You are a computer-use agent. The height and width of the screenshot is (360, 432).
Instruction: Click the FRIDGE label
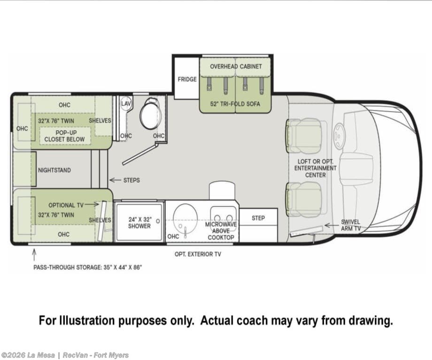[187, 79]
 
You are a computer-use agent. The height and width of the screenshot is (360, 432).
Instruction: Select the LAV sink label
[126, 104]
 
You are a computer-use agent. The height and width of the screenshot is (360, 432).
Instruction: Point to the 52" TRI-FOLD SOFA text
[235, 104]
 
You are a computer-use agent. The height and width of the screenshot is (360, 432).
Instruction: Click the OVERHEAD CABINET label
[236, 66]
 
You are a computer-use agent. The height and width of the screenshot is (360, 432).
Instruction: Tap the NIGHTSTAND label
[54, 170]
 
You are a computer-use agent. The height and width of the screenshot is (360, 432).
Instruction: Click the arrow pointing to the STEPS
[115, 180]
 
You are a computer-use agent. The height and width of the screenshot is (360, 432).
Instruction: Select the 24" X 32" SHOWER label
[139, 223]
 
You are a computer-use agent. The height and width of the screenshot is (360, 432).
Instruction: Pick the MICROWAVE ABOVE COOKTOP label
[221, 231]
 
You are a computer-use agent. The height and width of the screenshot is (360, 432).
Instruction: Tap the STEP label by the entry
[258, 218]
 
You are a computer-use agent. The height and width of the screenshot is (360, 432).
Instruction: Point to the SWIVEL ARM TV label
[350, 225]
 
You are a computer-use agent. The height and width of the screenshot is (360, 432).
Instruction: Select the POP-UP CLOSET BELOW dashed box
[65, 136]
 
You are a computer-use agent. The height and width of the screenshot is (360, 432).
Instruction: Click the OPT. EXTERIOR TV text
[198, 254]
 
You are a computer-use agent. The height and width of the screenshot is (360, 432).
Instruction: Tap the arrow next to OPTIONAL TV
[92, 204]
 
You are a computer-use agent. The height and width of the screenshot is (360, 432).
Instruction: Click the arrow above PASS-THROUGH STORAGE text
[34, 255]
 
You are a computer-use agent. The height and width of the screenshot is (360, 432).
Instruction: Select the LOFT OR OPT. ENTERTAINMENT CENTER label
[316, 168]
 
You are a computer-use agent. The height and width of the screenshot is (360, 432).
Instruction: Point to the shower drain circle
[158, 221]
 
